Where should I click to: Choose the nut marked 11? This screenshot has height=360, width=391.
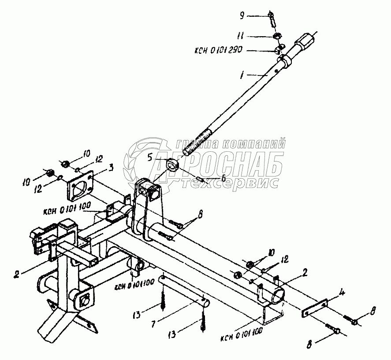click(278, 36)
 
